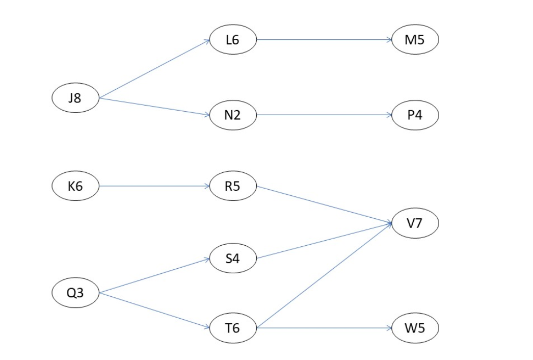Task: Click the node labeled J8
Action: tap(75, 98)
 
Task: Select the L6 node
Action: tap(232, 40)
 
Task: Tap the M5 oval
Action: tap(415, 40)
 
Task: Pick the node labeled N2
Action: tap(232, 115)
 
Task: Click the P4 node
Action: tap(415, 115)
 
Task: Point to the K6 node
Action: tap(75, 186)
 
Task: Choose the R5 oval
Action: tap(232, 186)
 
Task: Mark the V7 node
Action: tap(415, 223)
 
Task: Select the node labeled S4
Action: tap(232, 259)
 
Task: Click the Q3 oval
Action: tap(75, 293)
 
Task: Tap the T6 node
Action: tap(232, 328)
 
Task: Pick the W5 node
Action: tap(415, 328)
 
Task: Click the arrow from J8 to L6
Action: tap(154, 69)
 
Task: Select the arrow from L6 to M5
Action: tap(324, 40)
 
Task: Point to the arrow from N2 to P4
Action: tap(324, 115)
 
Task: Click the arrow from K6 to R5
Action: tap(154, 186)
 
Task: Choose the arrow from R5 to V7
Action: tap(324, 204)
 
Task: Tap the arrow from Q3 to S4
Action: tap(154, 276)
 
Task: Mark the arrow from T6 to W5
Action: tap(324, 328)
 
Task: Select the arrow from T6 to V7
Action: tap(324, 276)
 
